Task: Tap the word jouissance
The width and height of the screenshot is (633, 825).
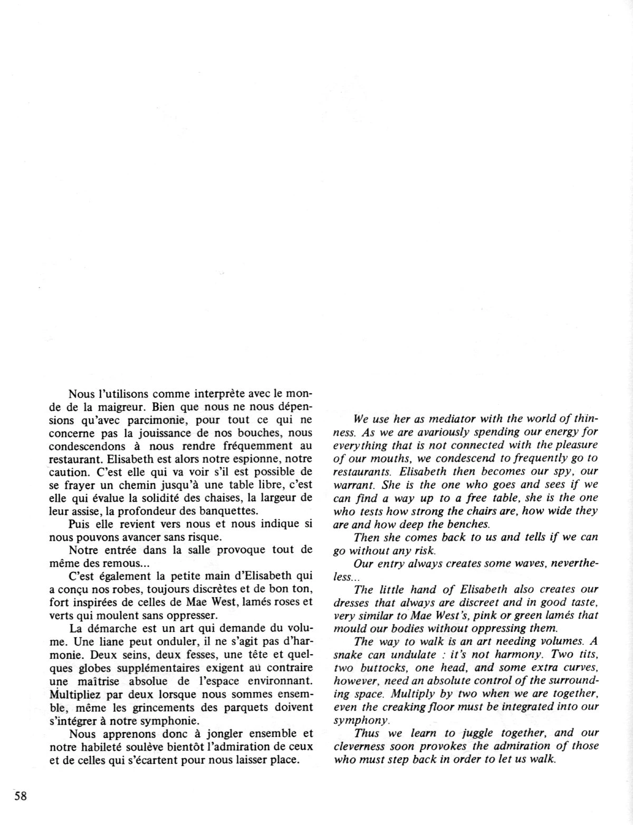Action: pos(157,434)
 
